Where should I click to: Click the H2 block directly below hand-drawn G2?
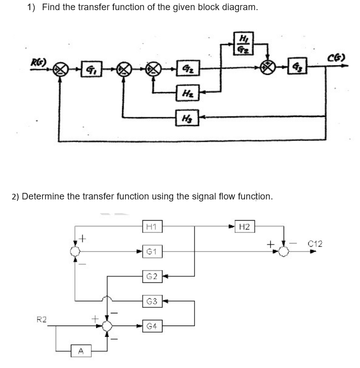point(184,93)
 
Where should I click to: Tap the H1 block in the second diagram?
point(150,227)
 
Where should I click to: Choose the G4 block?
point(150,326)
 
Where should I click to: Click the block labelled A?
point(81,350)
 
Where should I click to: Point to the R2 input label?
point(42,319)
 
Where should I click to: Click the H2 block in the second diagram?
point(245,227)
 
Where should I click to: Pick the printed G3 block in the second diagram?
point(150,302)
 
